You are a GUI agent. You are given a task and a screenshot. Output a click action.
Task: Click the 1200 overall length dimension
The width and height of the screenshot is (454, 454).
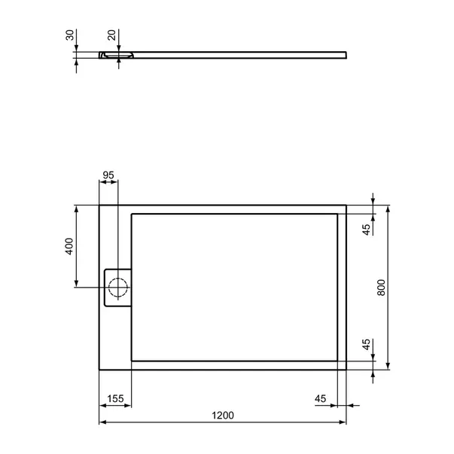[x=223, y=415]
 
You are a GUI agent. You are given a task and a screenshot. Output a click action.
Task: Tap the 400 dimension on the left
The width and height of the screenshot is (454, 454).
[x=69, y=245]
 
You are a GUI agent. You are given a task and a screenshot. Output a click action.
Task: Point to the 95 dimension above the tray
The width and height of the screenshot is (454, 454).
[x=108, y=175]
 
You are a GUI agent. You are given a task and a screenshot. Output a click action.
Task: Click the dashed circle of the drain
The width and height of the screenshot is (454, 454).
[x=117, y=287]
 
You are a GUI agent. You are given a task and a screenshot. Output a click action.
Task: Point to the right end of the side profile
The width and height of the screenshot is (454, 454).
[x=347, y=53]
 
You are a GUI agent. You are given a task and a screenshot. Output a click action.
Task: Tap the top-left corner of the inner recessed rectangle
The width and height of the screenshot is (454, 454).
[x=132, y=214]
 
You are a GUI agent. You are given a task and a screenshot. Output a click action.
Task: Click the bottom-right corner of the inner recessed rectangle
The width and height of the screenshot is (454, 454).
[x=337, y=360]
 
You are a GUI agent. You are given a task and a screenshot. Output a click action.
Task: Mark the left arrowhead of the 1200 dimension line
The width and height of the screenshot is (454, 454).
[x=103, y=422]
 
